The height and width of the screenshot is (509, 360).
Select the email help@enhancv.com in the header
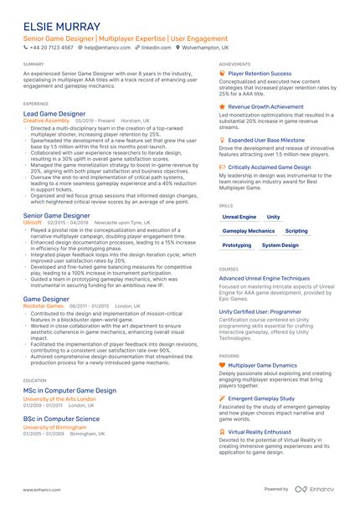click(x=99, y=49)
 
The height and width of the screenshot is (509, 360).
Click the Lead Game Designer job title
click(x=54, y=112)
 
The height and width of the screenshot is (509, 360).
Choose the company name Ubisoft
click(x=33, y=223)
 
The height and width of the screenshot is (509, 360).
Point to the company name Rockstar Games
click(x=44, y=306)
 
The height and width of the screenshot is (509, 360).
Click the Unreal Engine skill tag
click(x=240, y=216)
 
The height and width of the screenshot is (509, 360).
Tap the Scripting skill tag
click(x=296, y=230)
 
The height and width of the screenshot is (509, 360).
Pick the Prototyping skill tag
click(x=237, y=245)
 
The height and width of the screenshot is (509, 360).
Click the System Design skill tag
click(x=280, y=245)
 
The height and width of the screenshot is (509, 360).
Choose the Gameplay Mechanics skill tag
click(x=249, y=230)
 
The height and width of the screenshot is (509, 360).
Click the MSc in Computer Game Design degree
click(x=70, y=391)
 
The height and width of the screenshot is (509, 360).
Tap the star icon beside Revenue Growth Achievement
click(x=222, y=107)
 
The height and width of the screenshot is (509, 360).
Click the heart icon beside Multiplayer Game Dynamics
click(x=222, y=366)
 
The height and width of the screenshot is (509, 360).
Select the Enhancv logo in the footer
click(x=317, y=489)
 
